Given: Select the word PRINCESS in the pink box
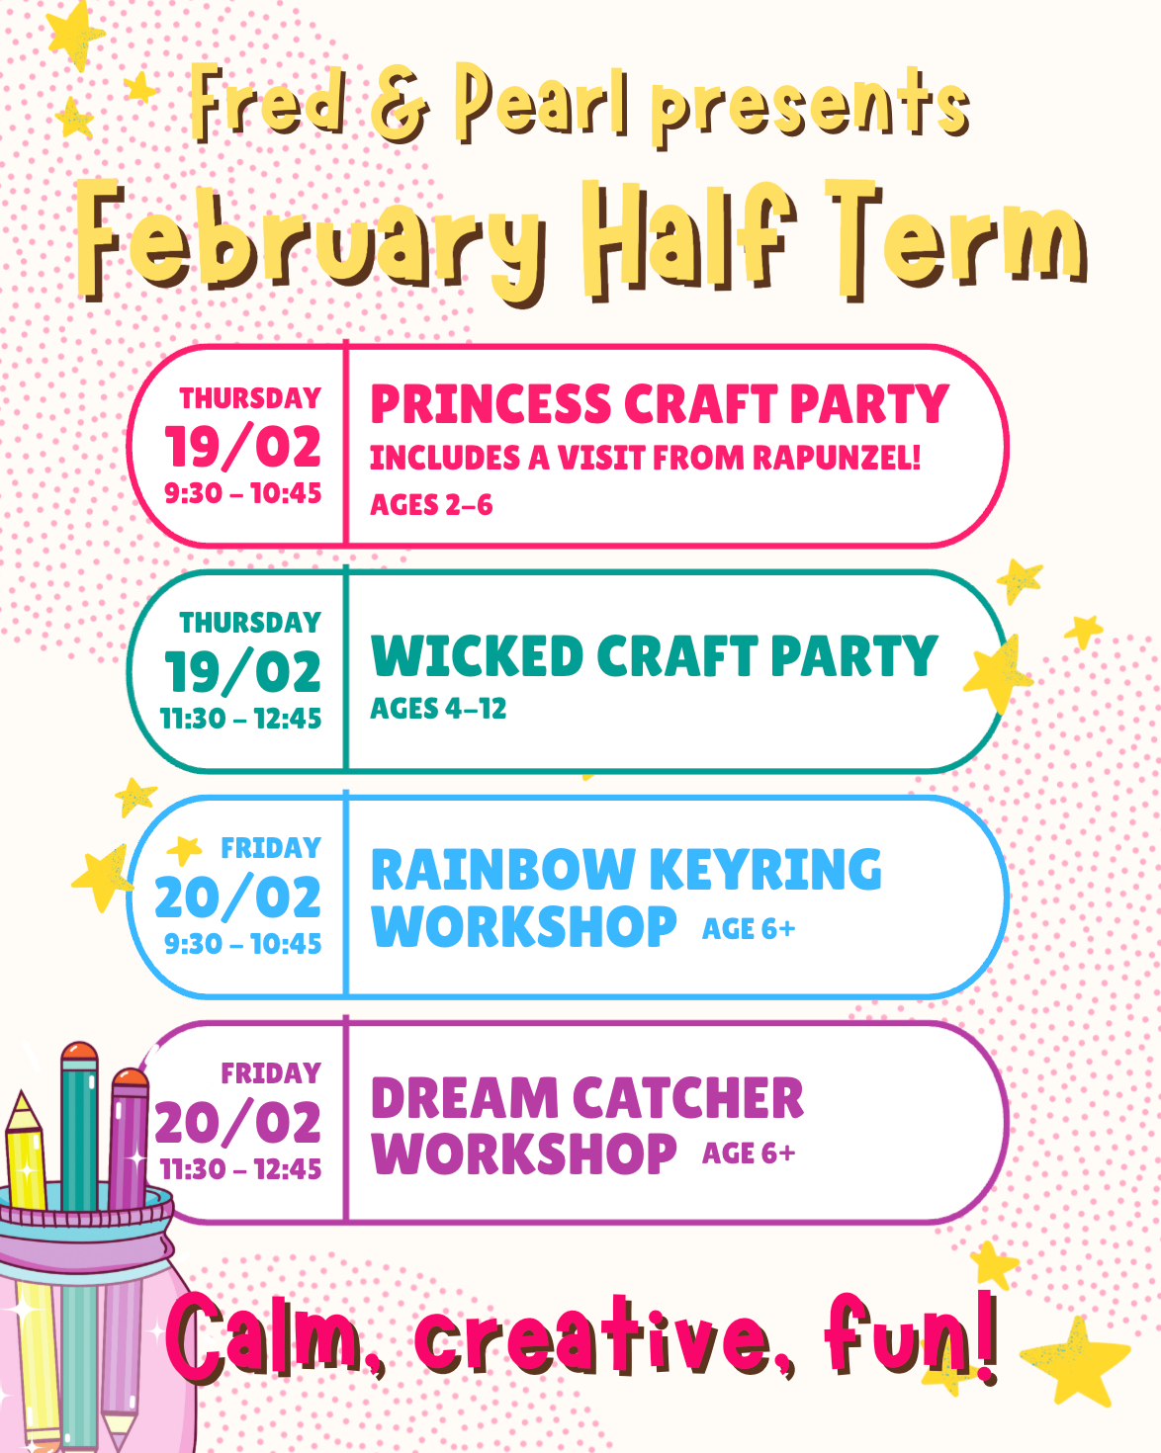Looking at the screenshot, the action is [x=491, y=403].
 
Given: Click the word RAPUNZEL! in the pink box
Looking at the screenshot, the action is [x=837, y=457].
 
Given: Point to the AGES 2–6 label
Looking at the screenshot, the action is [x=431, y=504].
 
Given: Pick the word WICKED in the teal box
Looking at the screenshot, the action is [x=477, y=655].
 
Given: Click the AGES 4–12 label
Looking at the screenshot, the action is [x=438, y=709].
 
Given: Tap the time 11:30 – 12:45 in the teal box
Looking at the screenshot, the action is [x=240, y=719].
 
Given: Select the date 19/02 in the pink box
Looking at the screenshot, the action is [x=242, y=447].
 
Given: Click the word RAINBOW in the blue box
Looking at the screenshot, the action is [x=503, y=870].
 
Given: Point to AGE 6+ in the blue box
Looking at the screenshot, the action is [x=749, y=929].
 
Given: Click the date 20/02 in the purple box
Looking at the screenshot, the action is [x=238, y=1123].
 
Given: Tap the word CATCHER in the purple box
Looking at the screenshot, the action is [x=688, y=1098].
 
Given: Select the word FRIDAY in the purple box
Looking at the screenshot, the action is [x=271, y=1072].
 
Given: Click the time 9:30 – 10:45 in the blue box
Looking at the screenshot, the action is [x=242, y=944].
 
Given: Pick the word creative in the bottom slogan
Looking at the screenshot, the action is [x=592, y=1333].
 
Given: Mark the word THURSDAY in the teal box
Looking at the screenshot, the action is [x=250, y=623].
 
